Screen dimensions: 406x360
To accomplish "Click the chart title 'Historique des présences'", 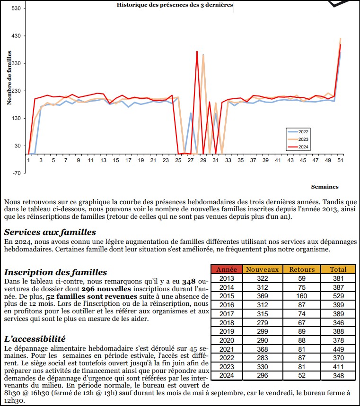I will coord(175,5).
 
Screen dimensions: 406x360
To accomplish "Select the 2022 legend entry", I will coord(303,132).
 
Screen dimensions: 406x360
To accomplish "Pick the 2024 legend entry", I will coord(303,147).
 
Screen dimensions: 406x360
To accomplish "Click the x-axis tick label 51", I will coord(340,161).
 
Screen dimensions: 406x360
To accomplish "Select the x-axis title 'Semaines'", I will coord(325,187).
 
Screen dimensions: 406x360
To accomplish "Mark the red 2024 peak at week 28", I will coord(197,52).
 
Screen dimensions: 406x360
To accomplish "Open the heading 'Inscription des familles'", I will coord(55,272).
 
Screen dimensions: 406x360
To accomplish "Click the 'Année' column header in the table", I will coord(226,269).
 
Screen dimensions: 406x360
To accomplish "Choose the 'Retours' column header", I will coord(302,269).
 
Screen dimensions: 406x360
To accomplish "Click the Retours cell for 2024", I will coord(302,376).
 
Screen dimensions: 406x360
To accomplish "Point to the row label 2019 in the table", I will coord(226,332).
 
